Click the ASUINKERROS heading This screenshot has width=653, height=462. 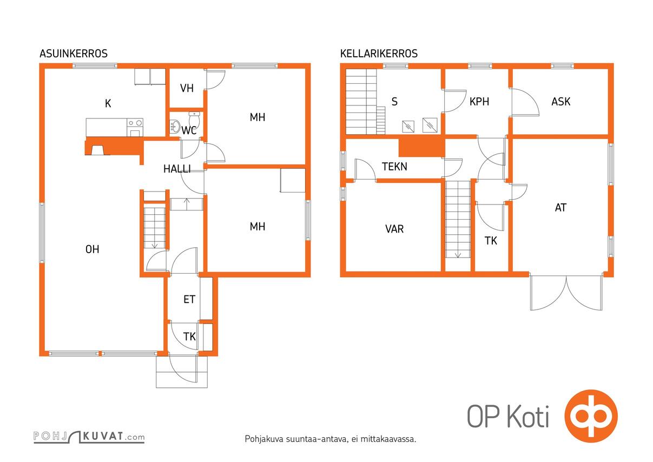pyautogui.click(x=74, y=54)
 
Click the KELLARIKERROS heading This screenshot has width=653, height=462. pyautogui.click(x=379, y=54)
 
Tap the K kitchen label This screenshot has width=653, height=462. pyautogui.click(x=108, y=103)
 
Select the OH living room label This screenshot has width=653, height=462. pyautogui.click(x=93, y=249)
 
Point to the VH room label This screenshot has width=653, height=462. pyautogui.click(x=187, y=88)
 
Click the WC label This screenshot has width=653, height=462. pyautogui.click(x=189, y=130)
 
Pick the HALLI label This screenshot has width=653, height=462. pyautogui.click(x=177, y=169)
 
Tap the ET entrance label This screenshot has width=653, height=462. pyautogui.click(x=189, y=299)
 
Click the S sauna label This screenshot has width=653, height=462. pyautogui.click(x=394, y=102)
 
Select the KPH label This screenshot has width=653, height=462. pyautogui.click(x=479, y=102)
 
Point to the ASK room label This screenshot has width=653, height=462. pyautogui.click(x=560, y=102)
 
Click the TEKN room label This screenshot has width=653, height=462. pyautogui.click(x=394, y=167)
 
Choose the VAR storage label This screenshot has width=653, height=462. pyautogui.click(x=394, y=229)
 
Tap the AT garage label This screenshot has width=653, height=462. pyautogui.click(x=560, y=207)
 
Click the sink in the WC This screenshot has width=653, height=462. pyautogui.click(x=174, y=127)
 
